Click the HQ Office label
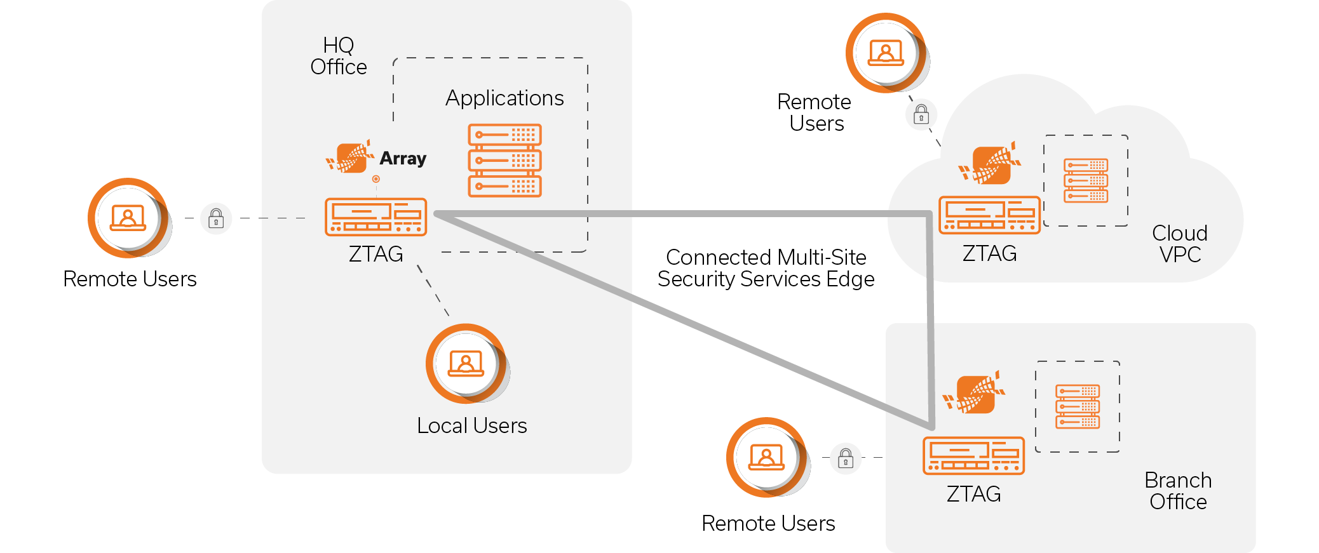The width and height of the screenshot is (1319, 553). click(x=338, y=56)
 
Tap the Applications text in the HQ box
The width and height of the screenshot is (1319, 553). click(x=504, y=98)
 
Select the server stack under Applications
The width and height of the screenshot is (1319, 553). click(x=504, y=161)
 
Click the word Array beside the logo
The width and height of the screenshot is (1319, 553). click(x=403, y=158)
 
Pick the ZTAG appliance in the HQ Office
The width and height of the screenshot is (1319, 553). click(x=375, y=217)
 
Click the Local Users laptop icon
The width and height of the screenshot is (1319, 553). click(x=466, y=364)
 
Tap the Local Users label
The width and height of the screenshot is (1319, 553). click(x=471, y=425)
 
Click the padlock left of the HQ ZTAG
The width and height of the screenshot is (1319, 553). click(x=216, y=218)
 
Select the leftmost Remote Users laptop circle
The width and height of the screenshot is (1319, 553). click(x=128, y=218)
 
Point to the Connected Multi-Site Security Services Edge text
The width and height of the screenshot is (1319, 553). click(x=766, y=268)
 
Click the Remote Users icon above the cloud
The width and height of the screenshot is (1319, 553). click(x=886, y=53)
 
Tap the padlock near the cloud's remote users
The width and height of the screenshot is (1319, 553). click(x=921, y=115)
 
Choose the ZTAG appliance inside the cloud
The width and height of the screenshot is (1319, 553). click(x=989, y=215)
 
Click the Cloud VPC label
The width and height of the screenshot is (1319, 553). click(x=1180, y=244)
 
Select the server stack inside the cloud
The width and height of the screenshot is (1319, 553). click(x=1086, y=180)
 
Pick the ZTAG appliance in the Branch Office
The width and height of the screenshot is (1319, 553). click(x=973, y=456)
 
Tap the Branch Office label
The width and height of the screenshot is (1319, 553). click(x=1178, y=491)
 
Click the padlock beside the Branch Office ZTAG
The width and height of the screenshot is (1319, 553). click(x=846, y=458)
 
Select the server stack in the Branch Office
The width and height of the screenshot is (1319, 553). click(x=1078, y=406)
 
